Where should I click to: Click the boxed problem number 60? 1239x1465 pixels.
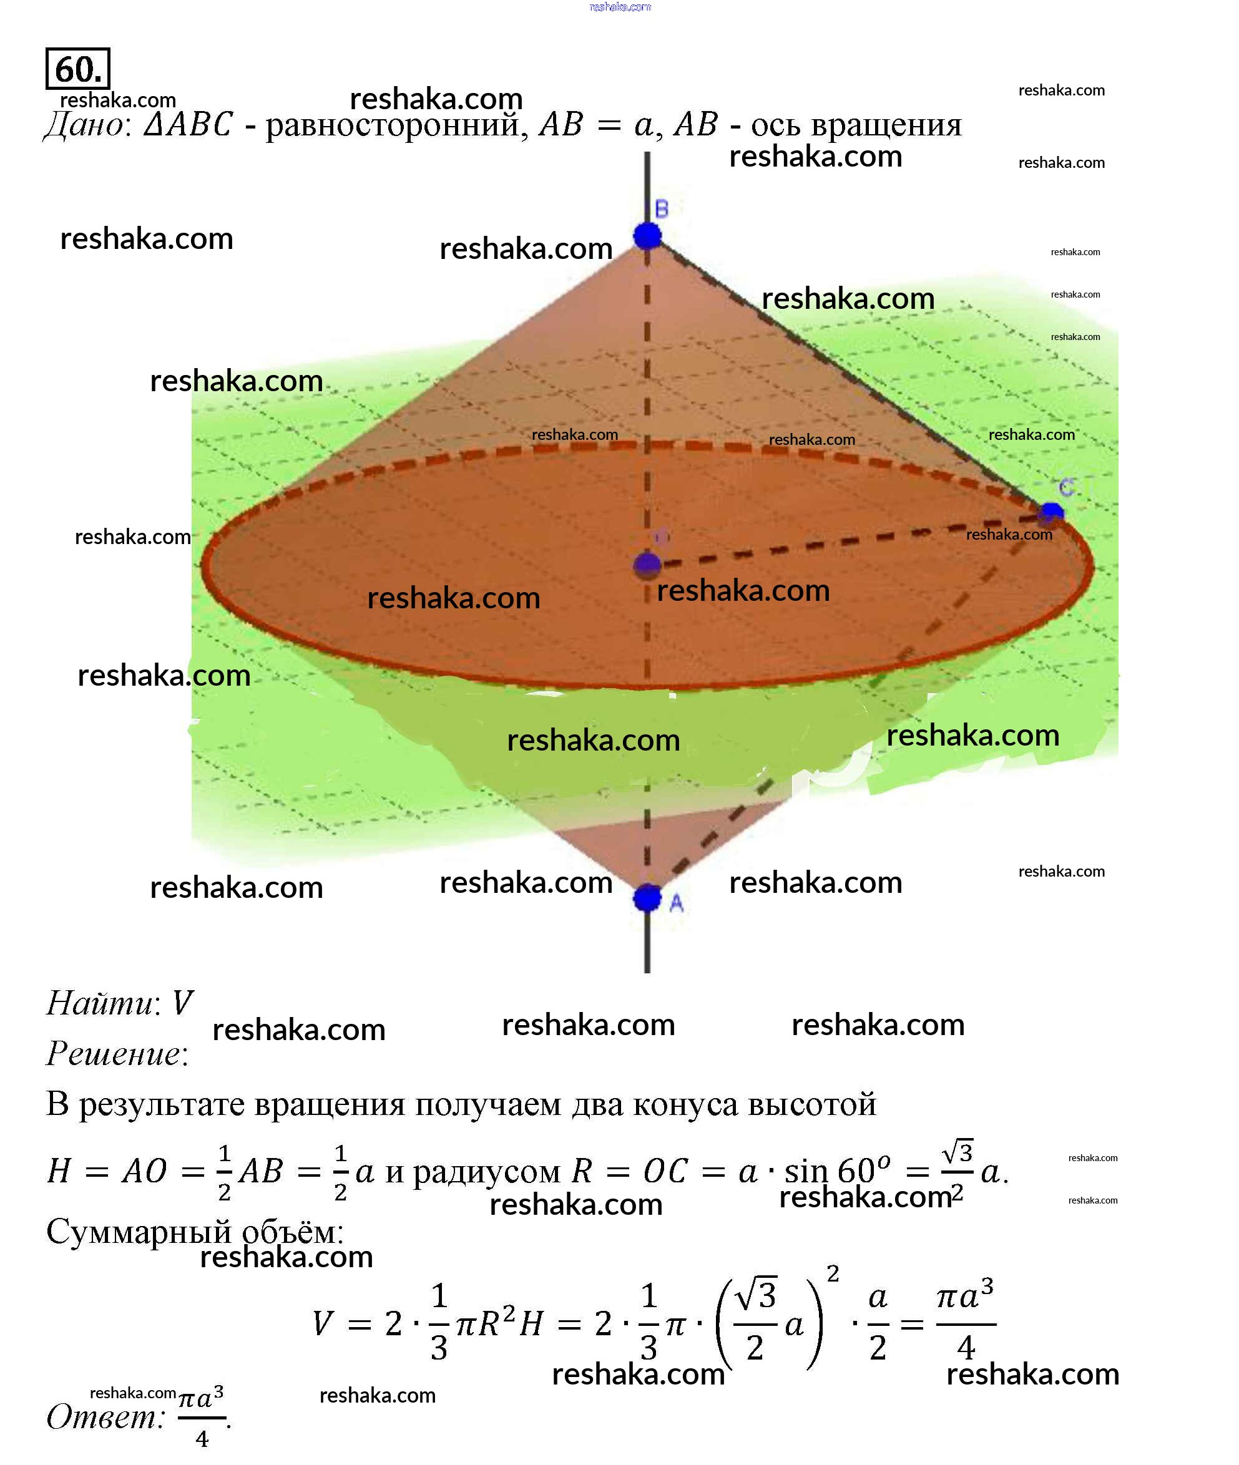click(x=77, y=69)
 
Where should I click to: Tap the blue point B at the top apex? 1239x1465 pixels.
click(x=647, y=235)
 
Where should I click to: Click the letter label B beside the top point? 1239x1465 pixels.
click(x=662, y=208)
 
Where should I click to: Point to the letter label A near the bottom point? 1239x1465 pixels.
click(x=677, y=903)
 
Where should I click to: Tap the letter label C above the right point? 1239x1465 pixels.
click(x=1066, y=487)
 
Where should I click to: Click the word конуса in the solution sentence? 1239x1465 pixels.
click(x=685, y=1104)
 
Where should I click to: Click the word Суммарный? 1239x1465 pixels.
click(x=139, y=1231)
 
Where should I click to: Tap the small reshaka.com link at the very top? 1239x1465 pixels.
click(x=619, y=7)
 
